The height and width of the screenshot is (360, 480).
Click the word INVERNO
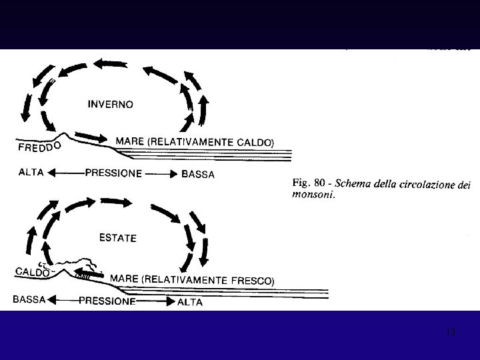pos(111,104)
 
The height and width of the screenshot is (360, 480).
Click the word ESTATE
pos(117,237)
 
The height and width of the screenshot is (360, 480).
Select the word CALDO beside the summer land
pos(32,272)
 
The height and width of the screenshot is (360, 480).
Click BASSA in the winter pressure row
pos(198,175)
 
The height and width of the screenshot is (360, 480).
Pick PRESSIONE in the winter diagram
pos(113,173)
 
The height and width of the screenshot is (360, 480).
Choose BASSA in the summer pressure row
pos(29,299)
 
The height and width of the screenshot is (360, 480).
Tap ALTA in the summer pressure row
pos(189,302)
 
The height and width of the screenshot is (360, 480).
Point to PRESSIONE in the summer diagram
pos(107,301)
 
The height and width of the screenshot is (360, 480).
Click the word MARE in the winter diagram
pos(129,141)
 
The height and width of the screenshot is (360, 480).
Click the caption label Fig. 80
pos(308,181)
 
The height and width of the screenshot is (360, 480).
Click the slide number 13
pos(451,331)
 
